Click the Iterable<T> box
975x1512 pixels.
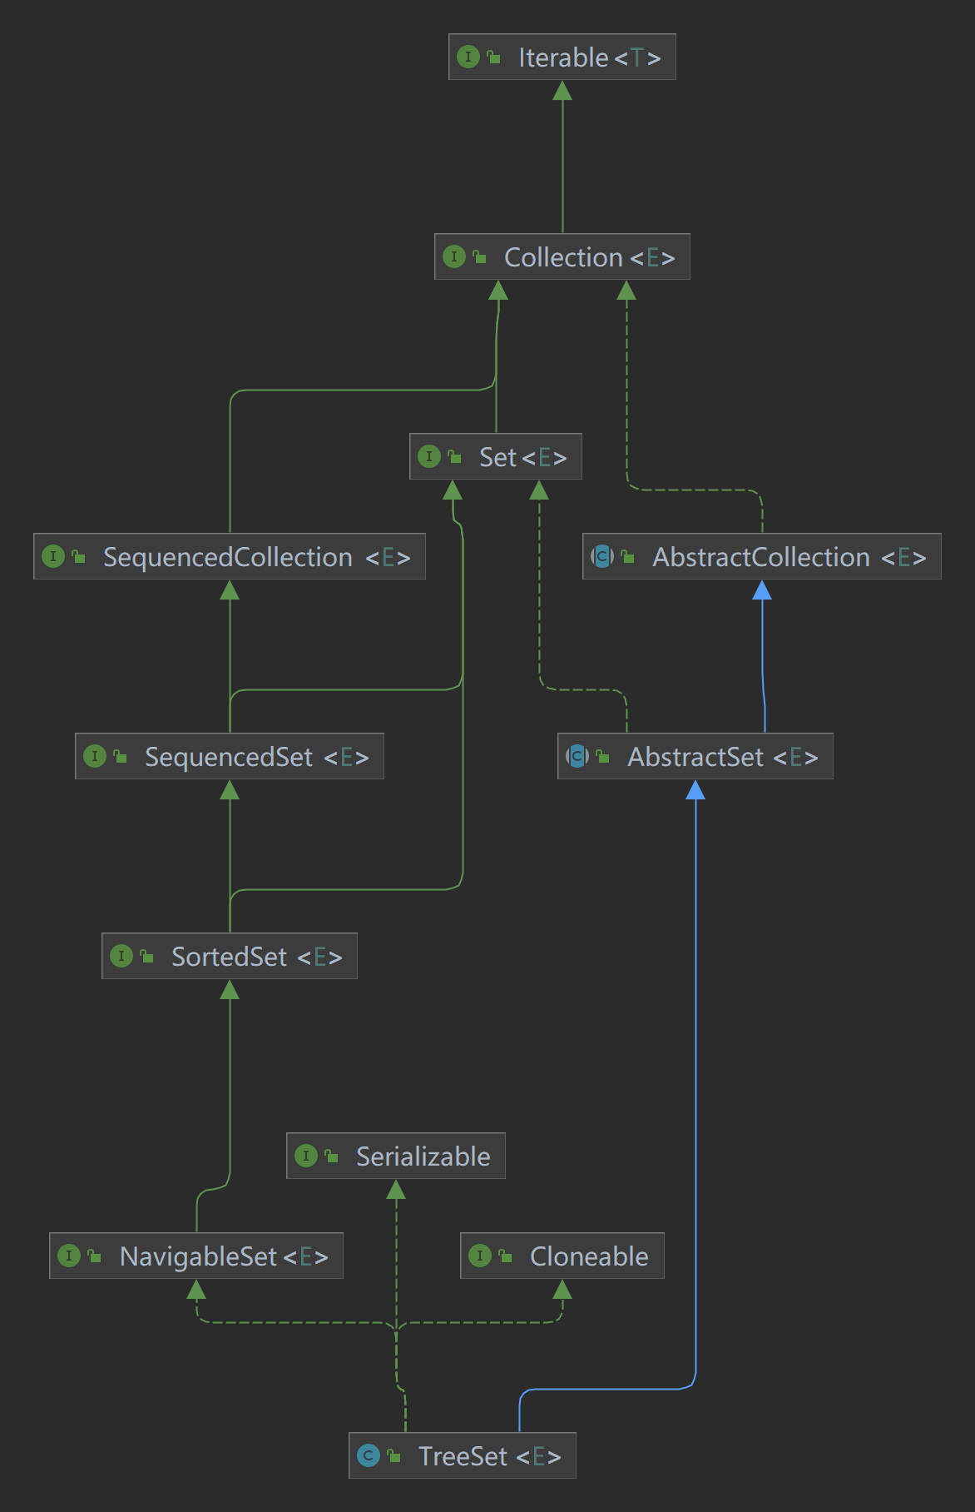562,57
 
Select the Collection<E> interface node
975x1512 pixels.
562,256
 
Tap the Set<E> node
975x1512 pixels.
496,456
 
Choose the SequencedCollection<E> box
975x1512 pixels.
230,556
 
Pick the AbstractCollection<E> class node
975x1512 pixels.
762,556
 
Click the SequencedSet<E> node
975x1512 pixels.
230,756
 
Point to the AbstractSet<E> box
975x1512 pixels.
695,756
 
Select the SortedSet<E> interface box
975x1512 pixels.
230,956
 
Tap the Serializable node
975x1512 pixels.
396,1156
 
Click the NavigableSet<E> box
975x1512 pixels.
196,1256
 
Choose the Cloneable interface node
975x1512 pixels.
562,1256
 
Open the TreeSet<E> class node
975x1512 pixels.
463,1455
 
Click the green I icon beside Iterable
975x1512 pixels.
468,57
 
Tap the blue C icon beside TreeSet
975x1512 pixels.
369,1455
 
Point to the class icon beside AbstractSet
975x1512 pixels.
577,756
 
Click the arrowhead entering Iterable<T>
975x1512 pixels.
562,91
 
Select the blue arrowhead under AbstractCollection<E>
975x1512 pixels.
762,590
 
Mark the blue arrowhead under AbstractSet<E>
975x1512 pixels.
695,790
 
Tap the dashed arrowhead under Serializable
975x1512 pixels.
396,1190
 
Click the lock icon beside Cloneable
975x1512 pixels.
505,1256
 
